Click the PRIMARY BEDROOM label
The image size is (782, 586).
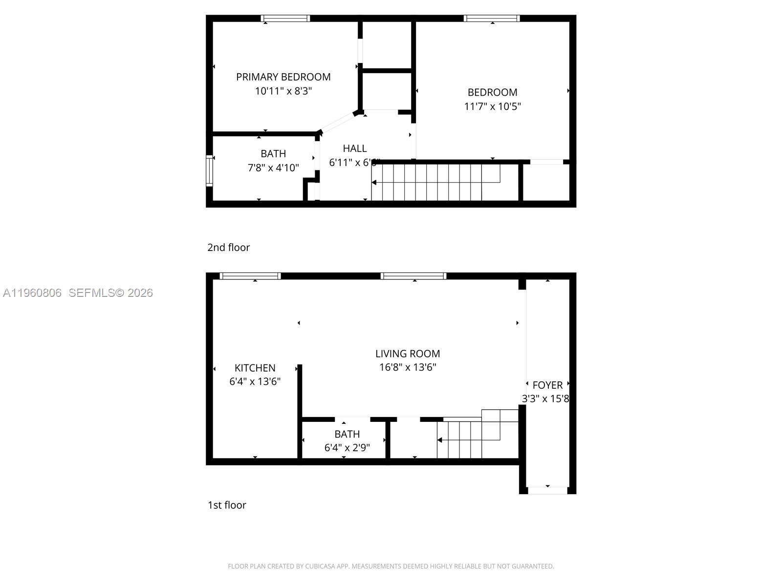(x=283, y=77)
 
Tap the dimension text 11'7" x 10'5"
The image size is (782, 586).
(x=492, y=106)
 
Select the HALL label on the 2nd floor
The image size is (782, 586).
(x=354, y=148)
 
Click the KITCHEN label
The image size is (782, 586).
(x=255, y=368)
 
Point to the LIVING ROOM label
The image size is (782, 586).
(x=408, y=354)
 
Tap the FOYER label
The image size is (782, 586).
(x=547, y=385)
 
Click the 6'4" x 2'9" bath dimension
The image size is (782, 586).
(x=347, y=448)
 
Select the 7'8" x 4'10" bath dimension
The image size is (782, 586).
(x=273, y=168)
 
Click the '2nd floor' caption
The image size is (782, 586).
(x=228, y=248)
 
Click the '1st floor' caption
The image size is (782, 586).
(x=227, y=505)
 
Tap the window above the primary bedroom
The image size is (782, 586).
(x=285, y=19)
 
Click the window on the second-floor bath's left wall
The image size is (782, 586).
(x=210, y=171)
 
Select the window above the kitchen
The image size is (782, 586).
(x=250, y=276)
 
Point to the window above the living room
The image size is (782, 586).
(x=413, y=276)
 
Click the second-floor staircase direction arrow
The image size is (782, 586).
(x=374, y=183)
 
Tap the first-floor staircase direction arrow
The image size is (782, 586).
(x=440, y=440)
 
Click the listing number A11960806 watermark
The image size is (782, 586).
(x=32, y=293)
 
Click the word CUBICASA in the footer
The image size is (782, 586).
(x=320, y=566)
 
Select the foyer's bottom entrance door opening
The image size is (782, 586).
(x=547, y=490)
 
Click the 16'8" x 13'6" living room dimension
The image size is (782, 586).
(x=408, y=367)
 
